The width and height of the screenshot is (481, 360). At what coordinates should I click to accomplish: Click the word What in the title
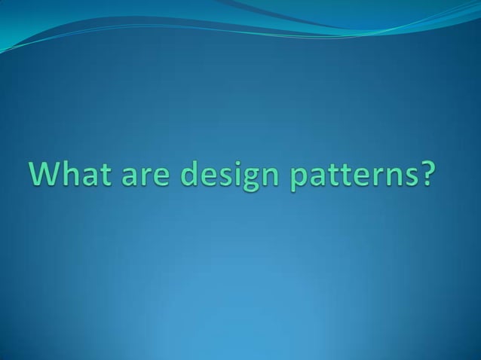click(70, 175)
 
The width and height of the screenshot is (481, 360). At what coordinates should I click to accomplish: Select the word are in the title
click(145, 178)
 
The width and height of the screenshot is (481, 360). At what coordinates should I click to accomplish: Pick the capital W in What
click(46, 175)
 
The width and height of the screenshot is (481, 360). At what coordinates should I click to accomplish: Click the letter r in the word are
click(145, 178)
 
